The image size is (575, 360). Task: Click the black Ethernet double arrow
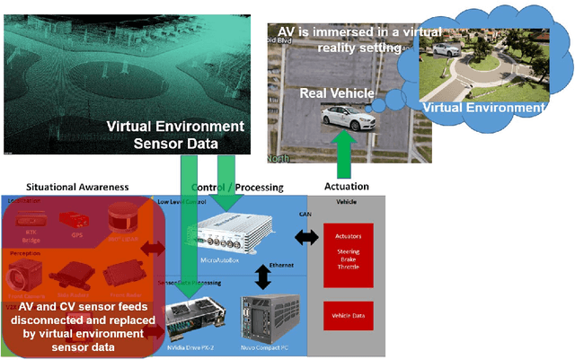[x=262, y=277]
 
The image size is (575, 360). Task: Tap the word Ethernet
[x=281, y=267]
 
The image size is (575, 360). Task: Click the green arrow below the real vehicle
[x=341, y=152]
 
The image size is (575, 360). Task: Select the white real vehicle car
[x=351, y=117]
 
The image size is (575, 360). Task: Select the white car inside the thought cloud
[x=444, y=50]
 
